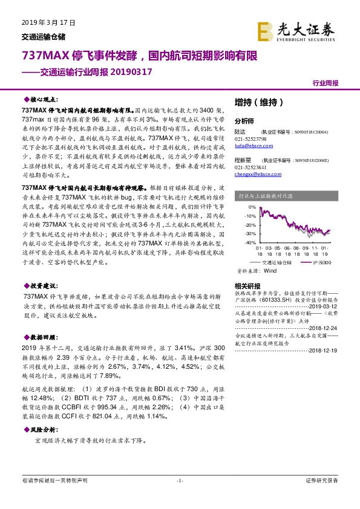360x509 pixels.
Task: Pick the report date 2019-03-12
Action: (x=327, y=305)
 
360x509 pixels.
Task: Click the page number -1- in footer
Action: (x=180, y=481)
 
